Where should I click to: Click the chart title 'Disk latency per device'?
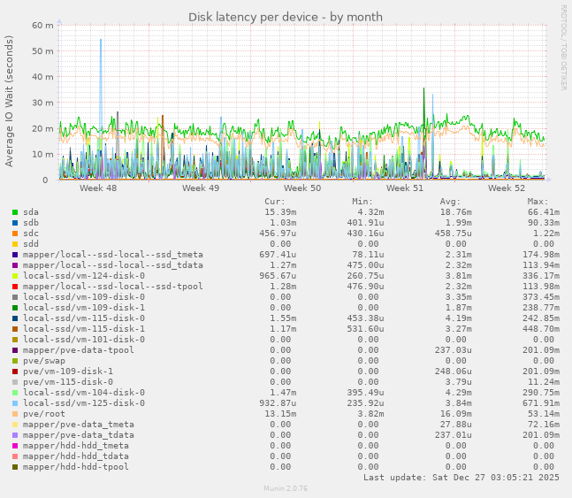click(285, 17)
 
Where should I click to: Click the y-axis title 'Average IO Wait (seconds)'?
click(10, 101)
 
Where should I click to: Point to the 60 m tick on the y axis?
click(44, 26)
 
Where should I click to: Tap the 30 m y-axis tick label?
click(44, 103)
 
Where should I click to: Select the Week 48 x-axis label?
click(98, 188)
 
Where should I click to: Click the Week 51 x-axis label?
click(405, 188)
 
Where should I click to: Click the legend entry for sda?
click(31, 212)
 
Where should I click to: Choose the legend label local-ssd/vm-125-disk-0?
click(83, 402)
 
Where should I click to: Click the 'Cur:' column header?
click(274, 202)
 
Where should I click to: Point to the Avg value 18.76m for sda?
click(456, 212)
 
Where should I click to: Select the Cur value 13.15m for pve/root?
click(280, 413)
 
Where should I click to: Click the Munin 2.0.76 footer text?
click(286, 488)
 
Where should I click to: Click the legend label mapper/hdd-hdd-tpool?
click(75, 466)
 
